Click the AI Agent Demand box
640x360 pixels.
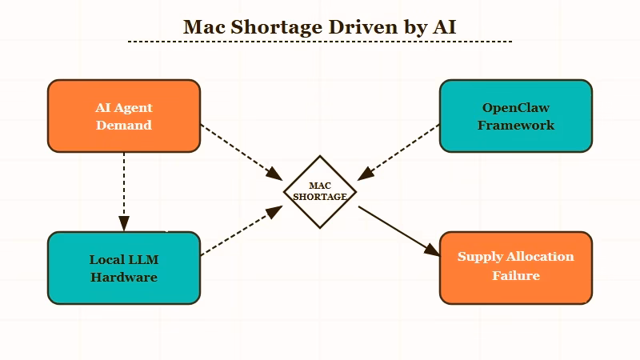click(124, 116)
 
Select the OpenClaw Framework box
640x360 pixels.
click(516, 116)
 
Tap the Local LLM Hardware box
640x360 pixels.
click(124, 268)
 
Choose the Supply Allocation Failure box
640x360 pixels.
click(516, 266)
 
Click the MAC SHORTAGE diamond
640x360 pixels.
click(320, 192)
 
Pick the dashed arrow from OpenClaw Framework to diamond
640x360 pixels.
click(400, 150)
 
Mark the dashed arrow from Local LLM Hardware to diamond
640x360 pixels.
click(240, 233)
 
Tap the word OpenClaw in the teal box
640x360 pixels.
click(516, 107)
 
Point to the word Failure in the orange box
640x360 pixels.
click(516, 275)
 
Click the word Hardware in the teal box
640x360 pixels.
click(124, 278)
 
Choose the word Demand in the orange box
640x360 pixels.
click(124, 125)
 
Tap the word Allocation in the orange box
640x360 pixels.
click(536, 257)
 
